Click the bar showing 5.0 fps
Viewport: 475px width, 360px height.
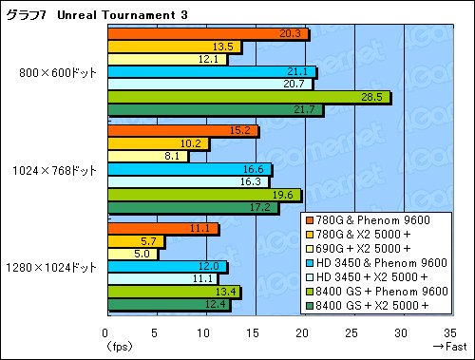tap(132, 254)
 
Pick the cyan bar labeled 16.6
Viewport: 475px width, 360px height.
tap(189, 169)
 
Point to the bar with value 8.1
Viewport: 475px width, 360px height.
tap(147, 157)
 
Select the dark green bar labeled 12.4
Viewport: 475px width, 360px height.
tap(168, 304)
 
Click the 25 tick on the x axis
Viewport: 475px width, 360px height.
tap(353, 333)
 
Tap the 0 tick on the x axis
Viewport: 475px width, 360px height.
tap(106, 333)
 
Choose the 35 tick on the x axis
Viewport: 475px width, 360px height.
tap(452, 333)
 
